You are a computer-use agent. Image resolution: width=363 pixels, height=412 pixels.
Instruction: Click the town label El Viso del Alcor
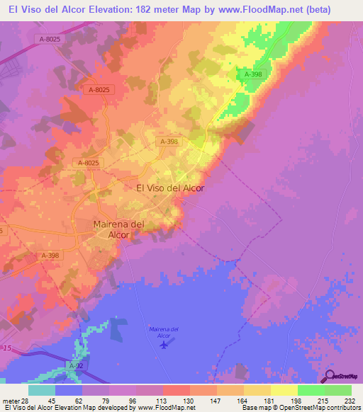170,188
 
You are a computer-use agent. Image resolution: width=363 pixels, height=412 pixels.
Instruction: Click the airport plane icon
165,345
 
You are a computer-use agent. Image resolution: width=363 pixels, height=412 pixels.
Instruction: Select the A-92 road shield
75,365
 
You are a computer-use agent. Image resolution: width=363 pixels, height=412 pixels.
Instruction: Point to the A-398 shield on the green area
253,74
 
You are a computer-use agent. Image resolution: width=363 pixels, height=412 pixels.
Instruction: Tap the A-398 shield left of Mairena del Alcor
50,256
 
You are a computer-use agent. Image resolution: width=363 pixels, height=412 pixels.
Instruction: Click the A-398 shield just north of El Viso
169,142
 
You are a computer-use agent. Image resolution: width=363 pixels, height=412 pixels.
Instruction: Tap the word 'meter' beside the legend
10,401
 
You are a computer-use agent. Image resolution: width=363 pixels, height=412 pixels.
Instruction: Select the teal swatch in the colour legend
41,390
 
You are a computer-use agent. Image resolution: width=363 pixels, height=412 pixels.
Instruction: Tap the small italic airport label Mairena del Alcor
165,331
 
